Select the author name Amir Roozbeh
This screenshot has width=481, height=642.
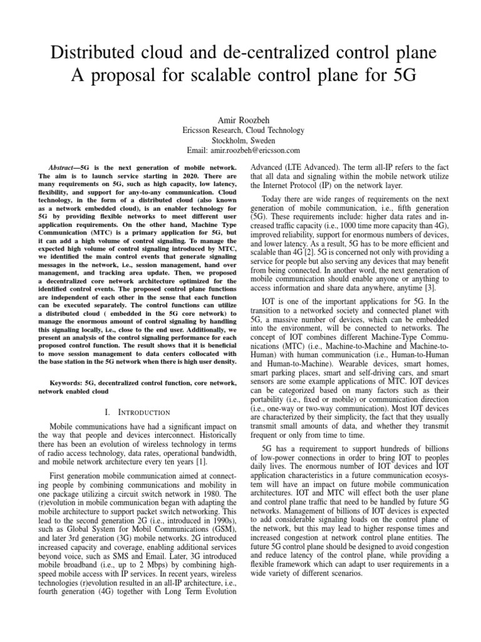[241, 119]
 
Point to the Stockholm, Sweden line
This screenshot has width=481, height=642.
[241, 140]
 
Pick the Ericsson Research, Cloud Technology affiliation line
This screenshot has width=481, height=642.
[241, 130]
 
